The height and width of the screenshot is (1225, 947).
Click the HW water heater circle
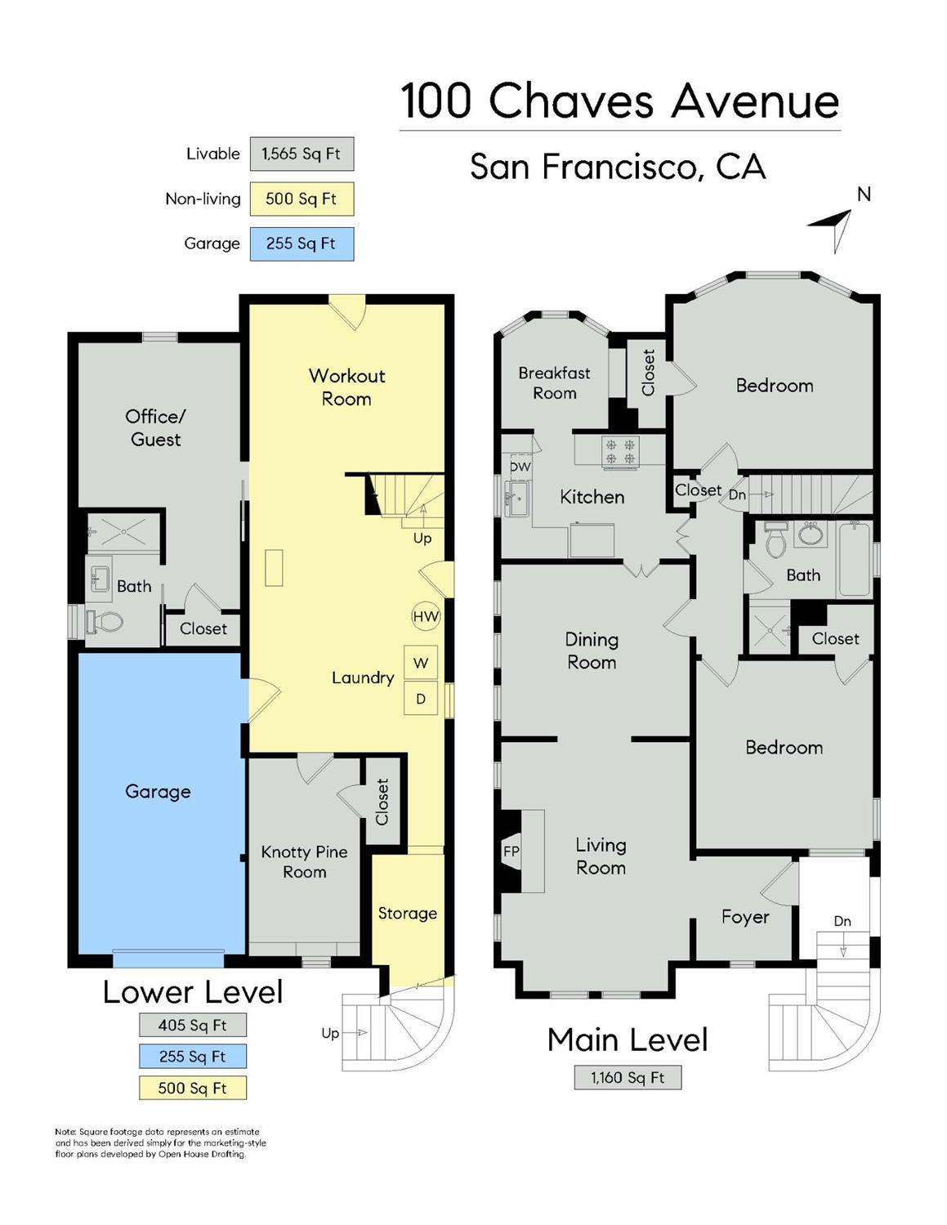[426, 616]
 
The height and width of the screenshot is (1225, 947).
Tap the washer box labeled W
[421, 663]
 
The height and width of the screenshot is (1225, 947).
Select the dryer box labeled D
[421, 699]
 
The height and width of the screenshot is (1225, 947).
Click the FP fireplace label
[511, 852]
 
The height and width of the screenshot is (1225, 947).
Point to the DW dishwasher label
[520, 467]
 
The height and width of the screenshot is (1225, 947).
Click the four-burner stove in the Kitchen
[620, 452]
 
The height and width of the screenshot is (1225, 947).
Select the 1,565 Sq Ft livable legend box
[302, 154]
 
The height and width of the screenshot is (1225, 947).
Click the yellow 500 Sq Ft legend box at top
[302, 199]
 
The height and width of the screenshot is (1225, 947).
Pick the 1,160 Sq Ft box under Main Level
[628, 1077]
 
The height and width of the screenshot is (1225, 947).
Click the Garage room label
[158, 791]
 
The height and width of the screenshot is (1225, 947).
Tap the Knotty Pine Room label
[304, 861]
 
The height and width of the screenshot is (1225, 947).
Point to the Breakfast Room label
[554, 382]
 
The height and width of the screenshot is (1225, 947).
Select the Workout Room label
[346, 387]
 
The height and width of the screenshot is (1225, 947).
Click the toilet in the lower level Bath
[105, 623]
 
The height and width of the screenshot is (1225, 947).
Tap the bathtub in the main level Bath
[854, 559]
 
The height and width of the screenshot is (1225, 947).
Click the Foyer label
[745, 917]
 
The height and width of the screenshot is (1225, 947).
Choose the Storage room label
[407, 913]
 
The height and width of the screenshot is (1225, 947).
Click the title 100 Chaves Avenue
[619, 101]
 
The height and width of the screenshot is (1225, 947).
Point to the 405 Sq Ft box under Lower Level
[192, 1025]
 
